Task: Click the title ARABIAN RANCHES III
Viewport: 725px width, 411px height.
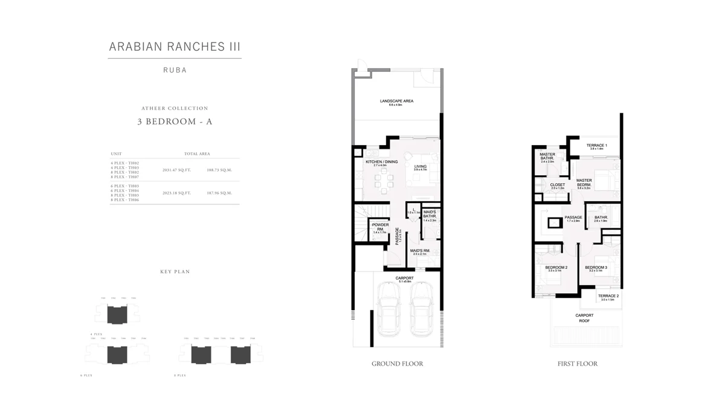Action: point(175,47)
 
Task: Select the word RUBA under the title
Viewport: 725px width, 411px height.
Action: point(175,70)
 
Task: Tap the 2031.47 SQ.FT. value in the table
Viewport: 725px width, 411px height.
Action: point(176,170)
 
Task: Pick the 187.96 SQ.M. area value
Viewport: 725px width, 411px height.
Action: point(219,193)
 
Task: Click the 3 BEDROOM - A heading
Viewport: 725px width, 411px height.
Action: point(175,121)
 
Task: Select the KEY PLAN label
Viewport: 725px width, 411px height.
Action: point(175,272)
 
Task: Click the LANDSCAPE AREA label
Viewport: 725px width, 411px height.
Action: point(396,101)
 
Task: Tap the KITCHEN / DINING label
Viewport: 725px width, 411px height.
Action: point(381,162)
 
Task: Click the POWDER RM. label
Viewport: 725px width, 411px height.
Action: point(380,227)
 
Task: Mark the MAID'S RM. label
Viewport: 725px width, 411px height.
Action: point(419,251)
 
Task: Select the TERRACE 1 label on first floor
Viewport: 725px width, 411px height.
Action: point(598,146)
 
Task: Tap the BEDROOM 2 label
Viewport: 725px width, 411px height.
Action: point(555,267)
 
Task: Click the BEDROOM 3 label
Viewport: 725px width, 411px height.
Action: point(596,267)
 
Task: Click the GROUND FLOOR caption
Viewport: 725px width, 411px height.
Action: point(397,364)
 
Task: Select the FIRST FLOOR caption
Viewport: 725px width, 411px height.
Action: point(577,364)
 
